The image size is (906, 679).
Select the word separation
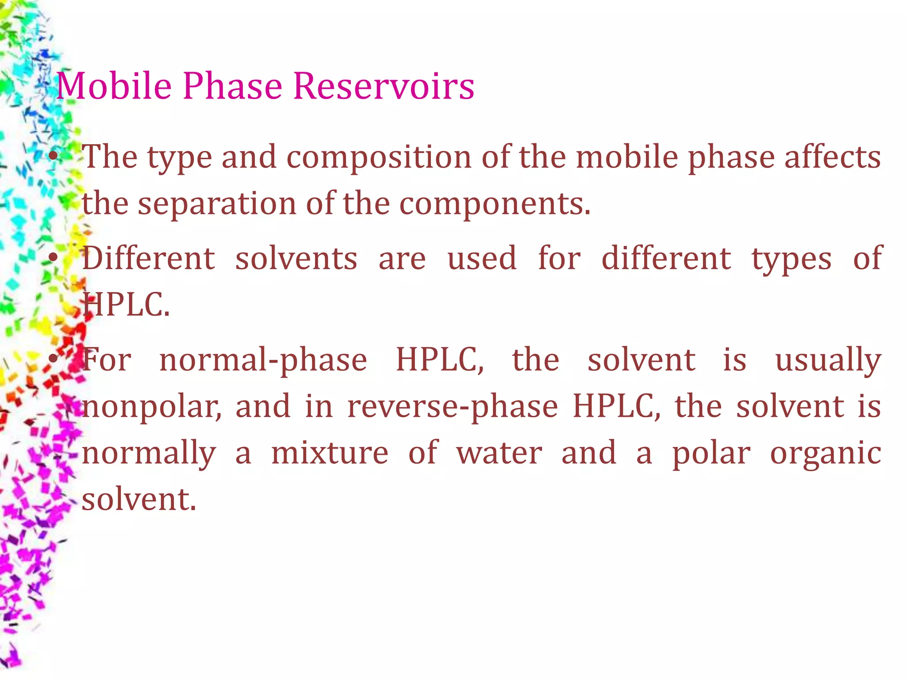(x=217, y=204)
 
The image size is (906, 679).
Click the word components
(x=495, y=204)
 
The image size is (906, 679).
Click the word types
(x=791, y=260)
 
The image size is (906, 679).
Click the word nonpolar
(x=151, y=407)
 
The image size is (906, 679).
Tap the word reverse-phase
(x=452, y=407)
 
